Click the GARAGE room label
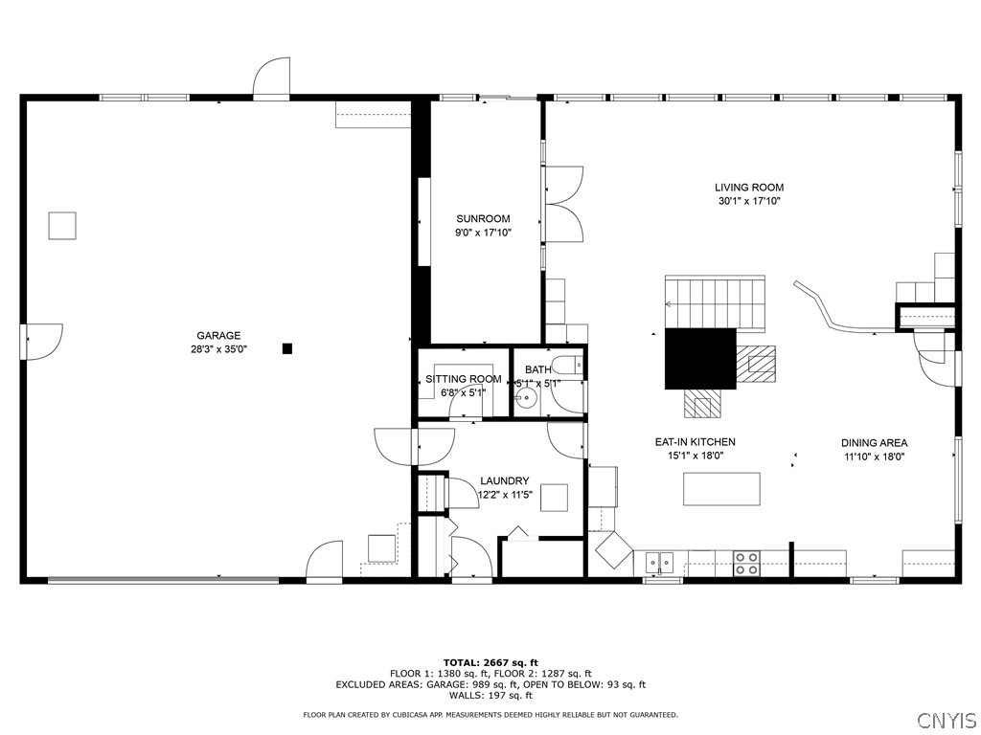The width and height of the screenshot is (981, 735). pos(218,336)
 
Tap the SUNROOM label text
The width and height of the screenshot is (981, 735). pos(483,219)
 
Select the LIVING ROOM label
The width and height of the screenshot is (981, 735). pos(749,187)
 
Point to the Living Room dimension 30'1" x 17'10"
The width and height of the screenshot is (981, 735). pos(749,201)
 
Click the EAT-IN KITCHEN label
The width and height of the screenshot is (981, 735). pos(696,442)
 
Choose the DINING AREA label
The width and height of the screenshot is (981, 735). pos(874,443)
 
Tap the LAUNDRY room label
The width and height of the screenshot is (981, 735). pos(505,480)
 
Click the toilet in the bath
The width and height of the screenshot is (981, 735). pos(570,364)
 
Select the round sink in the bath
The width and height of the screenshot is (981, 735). pos(528,396)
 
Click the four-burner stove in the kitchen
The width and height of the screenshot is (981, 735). pos(745,563)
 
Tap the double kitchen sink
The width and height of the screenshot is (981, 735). pos(659,563)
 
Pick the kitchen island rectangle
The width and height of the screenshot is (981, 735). pos(721,489)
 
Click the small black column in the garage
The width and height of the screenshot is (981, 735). pos(287,348)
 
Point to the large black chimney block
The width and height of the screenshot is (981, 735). pos(700,359)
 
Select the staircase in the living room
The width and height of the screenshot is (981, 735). pos(715,302)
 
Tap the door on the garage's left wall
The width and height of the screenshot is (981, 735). pos(42,342)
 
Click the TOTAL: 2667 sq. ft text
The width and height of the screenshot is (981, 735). pos(490,662)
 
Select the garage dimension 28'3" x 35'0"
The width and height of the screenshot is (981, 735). pos(219,349)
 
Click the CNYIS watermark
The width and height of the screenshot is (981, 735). pos(947,720)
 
